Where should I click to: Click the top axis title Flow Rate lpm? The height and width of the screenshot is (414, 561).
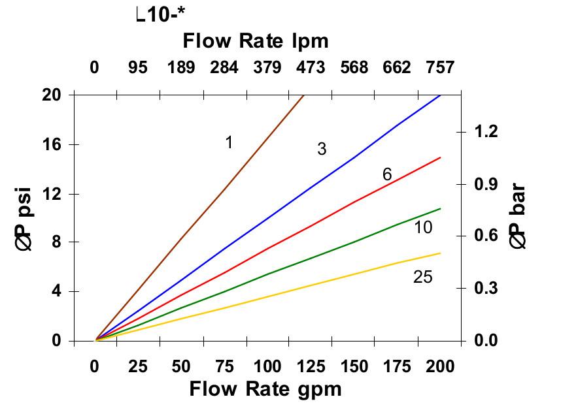(255, 41)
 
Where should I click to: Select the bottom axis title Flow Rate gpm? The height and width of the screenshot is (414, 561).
(265, 389)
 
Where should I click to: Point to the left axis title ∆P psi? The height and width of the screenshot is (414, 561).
(25, 217)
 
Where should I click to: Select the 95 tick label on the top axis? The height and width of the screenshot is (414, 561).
(137, 68)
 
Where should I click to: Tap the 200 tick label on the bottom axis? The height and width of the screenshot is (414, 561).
(440, 366)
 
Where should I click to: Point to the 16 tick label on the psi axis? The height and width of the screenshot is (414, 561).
(52, 144)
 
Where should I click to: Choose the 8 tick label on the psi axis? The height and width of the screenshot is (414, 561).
(57, 242)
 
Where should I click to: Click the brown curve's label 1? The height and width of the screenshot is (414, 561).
(229, 142)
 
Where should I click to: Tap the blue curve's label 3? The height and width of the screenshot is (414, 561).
(322, 149)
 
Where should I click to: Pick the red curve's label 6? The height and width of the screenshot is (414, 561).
(387, 174)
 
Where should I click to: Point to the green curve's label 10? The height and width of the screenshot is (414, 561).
(423, 227)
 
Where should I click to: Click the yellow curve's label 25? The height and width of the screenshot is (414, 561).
(423, 277)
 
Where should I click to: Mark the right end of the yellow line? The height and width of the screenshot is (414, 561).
(441, 253)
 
